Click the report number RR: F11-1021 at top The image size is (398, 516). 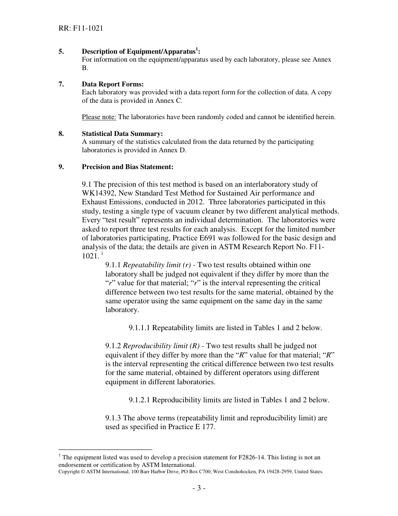coord(81,29)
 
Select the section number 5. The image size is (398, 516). coord(61,52)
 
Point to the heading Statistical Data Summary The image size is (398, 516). coord(122,134)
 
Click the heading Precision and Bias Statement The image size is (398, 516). coord(127,167)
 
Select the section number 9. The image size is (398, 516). coord(61,167)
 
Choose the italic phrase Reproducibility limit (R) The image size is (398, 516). coord(161,346)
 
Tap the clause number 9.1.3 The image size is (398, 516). coord(113,418)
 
